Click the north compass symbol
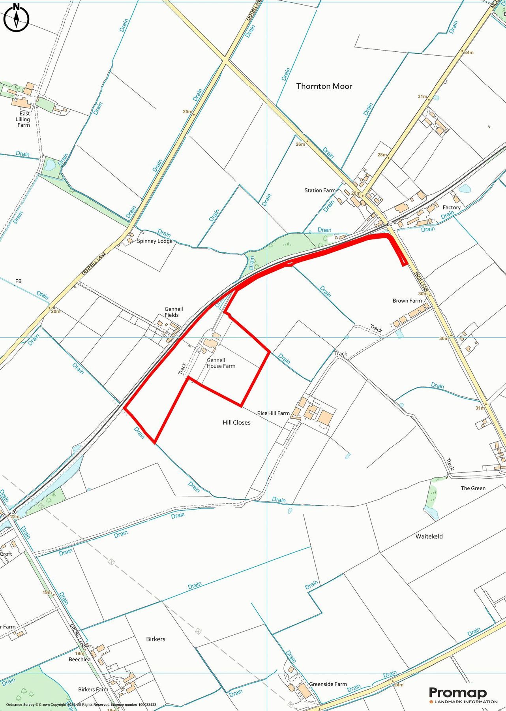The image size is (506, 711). [17, 18]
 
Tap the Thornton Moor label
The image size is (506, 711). [324, 86]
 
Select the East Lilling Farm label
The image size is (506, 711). [23, 119]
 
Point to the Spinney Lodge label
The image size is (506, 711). [155, 241]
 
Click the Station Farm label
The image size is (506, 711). [320, 190]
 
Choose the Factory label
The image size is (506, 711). [452, 207]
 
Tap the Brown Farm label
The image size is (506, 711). [407, 301]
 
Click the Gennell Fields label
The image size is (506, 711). [174, 312]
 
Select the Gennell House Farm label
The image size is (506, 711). [221, 363]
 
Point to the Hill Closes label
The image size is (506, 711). [236, 423]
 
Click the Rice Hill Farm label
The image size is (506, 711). [273, 413]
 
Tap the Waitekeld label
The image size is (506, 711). [429, 536]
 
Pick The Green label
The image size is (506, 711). [473, 488]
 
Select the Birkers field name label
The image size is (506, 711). [156, 639]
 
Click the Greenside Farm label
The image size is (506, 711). [328, 684]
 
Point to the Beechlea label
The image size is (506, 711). [79, 659]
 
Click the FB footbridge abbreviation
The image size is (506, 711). [18, 281]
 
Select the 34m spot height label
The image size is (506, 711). [469, 53]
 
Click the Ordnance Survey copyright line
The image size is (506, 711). [81, 705]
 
